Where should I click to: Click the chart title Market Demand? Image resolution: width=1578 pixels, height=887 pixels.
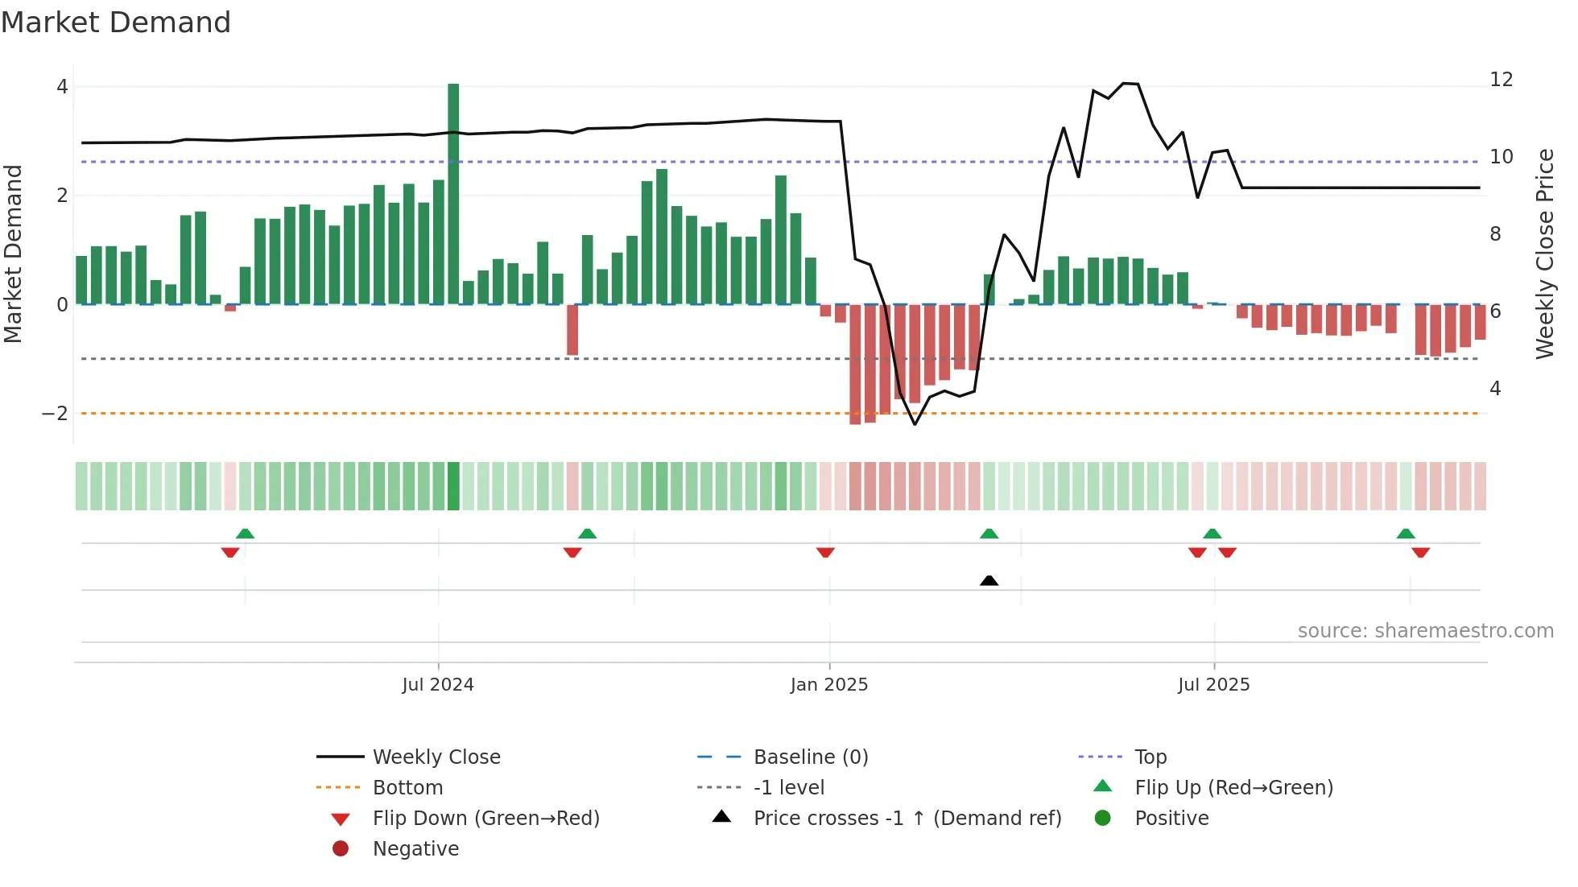[116, 22]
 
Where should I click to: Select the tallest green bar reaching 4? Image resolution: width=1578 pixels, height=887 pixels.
[453, 193]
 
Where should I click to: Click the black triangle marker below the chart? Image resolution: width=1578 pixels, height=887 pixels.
[989, 580]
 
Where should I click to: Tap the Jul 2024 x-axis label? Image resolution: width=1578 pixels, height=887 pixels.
[438, 684]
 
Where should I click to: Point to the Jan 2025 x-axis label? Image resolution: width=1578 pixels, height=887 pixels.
[829, 684]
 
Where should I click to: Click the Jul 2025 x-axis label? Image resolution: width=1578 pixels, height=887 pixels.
[1213, 684]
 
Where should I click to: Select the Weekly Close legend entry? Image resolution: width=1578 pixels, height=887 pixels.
[436, 757]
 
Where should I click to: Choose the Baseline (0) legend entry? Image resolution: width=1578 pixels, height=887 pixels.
[810, 757]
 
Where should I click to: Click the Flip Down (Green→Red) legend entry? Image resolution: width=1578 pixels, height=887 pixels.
[485, 818]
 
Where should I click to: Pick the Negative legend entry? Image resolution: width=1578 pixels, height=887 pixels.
[415, 848]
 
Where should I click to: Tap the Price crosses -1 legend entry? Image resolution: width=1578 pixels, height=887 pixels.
[907, 818]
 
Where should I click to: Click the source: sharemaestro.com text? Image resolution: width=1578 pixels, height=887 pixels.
[1425, 630]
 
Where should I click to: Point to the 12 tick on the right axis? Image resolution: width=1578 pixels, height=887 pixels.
[1501, 79]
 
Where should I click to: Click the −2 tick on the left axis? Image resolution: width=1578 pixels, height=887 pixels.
[55, 413]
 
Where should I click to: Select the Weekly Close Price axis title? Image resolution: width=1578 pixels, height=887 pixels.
[1544, 254]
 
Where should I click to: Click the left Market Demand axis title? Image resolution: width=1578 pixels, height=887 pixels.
[13, 254]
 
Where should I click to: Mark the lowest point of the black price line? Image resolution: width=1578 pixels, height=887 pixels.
[915, 424]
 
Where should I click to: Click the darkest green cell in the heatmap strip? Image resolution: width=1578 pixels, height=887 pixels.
[453, 485]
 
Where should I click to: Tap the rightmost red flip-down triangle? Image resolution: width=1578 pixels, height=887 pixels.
[1420, 552]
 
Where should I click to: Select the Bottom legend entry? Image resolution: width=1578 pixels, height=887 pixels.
[407, 787]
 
